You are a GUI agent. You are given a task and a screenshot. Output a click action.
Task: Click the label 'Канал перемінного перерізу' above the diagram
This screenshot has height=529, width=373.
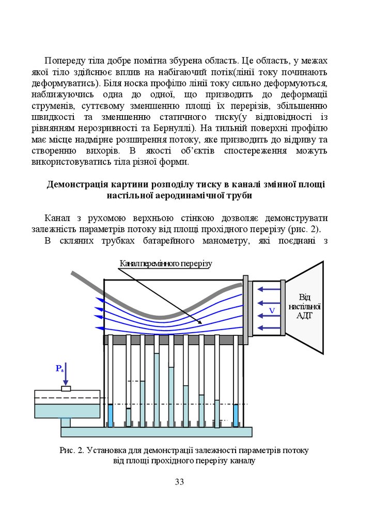[165, 263]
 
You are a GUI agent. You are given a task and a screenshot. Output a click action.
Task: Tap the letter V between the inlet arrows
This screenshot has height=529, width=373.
[271, 310]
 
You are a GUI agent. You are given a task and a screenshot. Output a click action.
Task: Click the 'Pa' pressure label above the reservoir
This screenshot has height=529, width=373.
[60, 368]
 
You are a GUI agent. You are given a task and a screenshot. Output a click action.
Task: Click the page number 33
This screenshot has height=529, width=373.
[179, 482]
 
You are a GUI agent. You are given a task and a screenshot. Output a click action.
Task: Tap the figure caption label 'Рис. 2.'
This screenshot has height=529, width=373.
[71, 450]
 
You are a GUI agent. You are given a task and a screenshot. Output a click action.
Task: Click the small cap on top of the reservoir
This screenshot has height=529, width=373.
[66, 388]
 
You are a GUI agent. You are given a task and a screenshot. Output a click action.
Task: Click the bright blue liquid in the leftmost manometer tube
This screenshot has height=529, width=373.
[110, 414]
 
